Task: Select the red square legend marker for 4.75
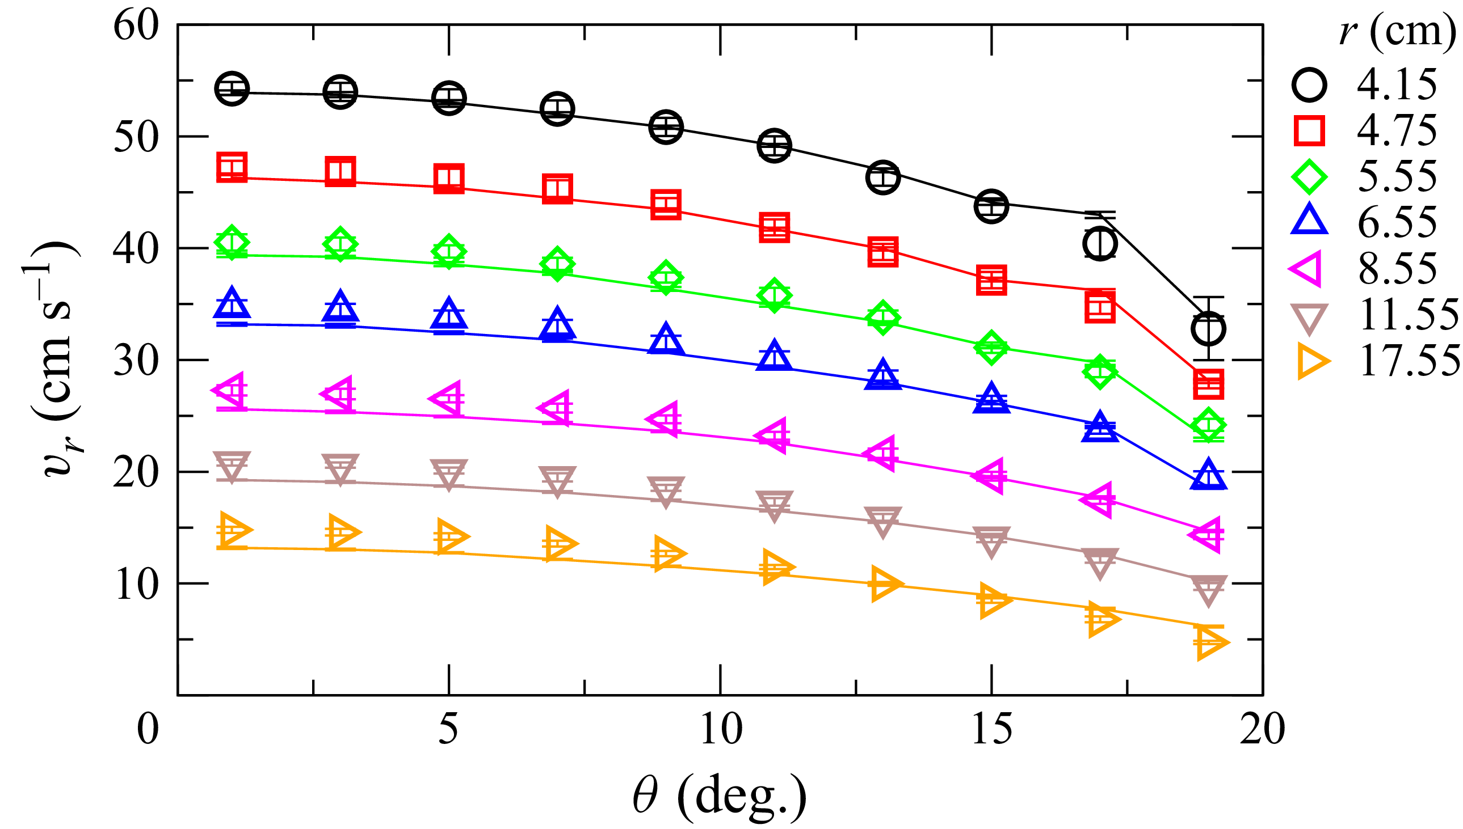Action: click(1309, 130)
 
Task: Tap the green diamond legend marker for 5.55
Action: click(1309, 176)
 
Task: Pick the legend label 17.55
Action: click(1409, 361)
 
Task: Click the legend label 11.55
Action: click(1409, 315)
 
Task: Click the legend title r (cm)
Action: click(1397, 31)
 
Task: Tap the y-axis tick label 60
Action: click(136, 26)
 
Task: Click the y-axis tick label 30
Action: click(136, 361)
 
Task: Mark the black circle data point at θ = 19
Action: click(1208, 328)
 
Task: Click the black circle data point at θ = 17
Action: click(1100, 244)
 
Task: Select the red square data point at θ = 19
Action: click(1208, 384)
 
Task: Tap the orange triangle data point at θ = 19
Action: click(1209, 642)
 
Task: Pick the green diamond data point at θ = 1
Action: click(232, 243)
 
